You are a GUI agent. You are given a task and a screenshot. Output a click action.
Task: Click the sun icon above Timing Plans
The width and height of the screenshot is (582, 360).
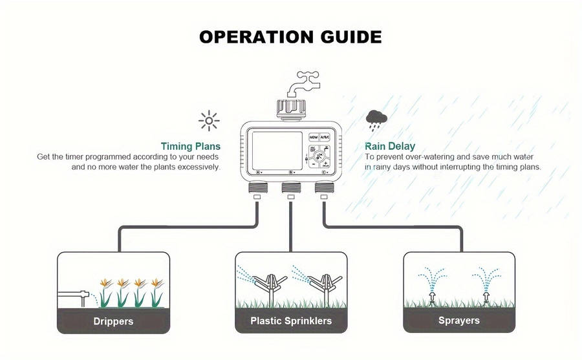pos(209,121)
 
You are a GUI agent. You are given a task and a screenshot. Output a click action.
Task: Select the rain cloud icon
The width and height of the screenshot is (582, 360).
pos(376,120)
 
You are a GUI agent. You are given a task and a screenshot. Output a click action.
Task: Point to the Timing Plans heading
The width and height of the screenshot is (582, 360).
pos(190,146)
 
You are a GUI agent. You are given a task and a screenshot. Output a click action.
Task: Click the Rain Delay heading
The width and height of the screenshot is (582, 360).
pos(390,146)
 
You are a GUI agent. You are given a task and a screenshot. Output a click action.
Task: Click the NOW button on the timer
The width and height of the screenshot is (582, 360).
pos(314,137)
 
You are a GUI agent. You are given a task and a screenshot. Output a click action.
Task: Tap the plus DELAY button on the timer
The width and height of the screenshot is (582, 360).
pos(325,164)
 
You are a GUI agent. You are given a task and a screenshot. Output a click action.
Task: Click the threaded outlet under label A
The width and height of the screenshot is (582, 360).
pos(257,187)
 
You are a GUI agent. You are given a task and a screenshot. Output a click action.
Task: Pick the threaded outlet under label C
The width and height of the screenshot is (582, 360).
pos(325,187)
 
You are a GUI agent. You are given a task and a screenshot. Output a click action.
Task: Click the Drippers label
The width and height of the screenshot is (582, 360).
pos(113,321)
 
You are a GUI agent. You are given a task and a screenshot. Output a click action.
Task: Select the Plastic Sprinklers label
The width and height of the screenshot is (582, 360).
pos(291,321)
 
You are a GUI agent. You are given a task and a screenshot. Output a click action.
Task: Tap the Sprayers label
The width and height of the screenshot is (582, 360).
pos(458,321)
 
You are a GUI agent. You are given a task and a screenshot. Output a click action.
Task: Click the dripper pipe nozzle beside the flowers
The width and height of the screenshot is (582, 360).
pos(84,296)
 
